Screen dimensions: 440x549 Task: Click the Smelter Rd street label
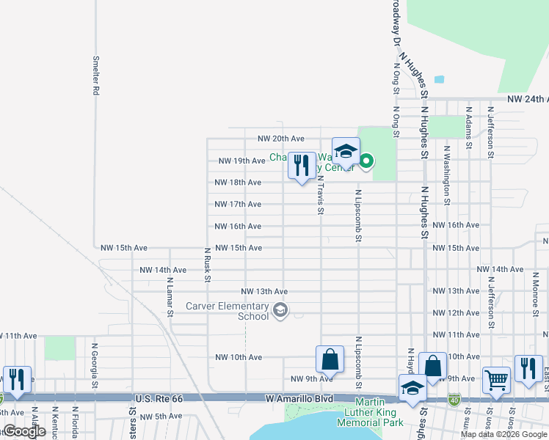pyautogui.click(x=95, y=76)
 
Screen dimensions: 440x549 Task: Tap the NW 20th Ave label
pyautogui.click(x=280, y=139)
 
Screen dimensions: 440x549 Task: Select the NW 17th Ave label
pyautogui.click(x=238, y=205)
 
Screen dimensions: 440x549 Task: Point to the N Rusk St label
pyautogui.click(x=208, y=264)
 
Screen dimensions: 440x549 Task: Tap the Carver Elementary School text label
pyautogui.click(x=227, y=311)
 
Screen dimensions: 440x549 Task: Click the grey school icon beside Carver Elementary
pyautogui.click(x=280, y=311)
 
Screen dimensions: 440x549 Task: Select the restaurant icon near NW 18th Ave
pyautogui.click(x=302, y=166)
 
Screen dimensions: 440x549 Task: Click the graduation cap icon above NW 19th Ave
pyautogui.click(x=346, y=152)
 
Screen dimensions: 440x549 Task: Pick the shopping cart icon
pyautogui.click(x=497, y=380)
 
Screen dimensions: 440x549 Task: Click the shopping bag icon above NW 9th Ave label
pyautogui.click(x=330, y=359)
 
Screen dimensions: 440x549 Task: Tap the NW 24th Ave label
pyautogui.click(x=527, y=99)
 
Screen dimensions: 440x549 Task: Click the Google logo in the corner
pyautogui.click(x=24, y=431)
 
